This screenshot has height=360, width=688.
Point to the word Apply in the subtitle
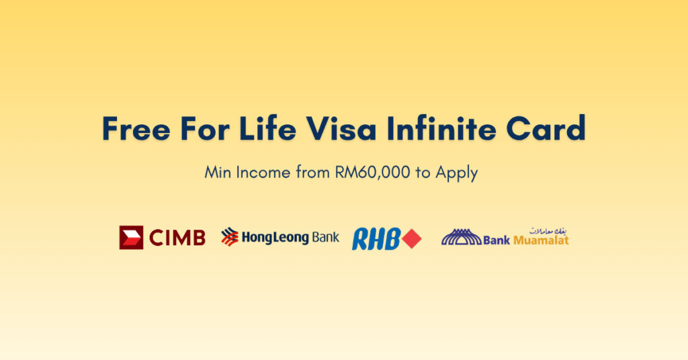point(456,173)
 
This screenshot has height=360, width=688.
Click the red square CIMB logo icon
point(131,238)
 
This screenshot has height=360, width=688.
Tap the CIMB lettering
point(176,238)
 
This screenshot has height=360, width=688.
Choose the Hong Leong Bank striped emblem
point(230,237)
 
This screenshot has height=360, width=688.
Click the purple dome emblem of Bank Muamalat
point(461,237)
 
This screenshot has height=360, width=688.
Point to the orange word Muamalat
point(541,240)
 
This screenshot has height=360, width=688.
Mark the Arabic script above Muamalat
point(548,230)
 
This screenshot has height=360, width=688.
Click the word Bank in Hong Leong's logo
point(325,238)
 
